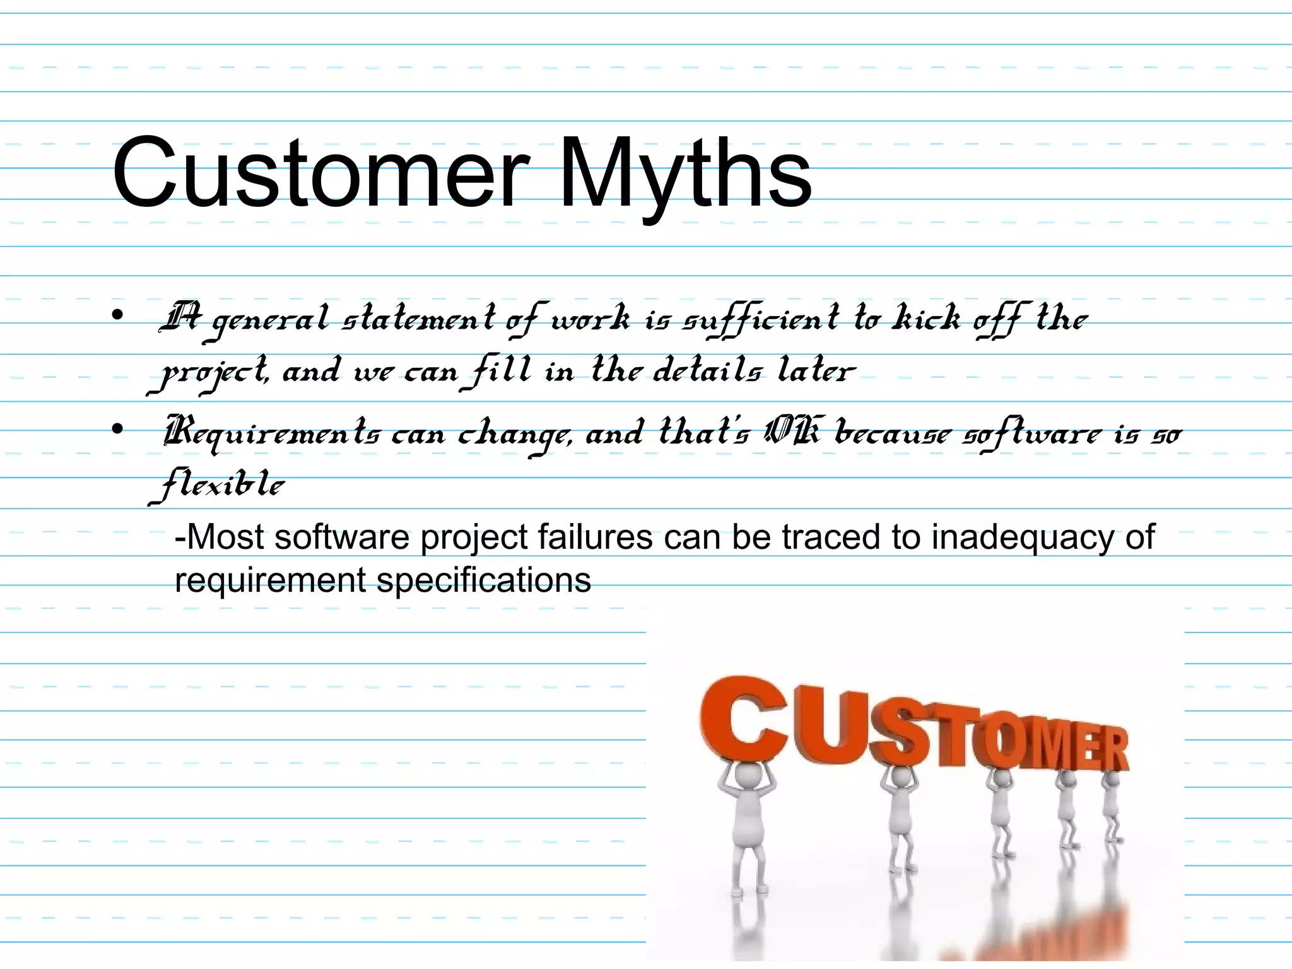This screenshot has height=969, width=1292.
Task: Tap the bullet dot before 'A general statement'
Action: tap(117, 315)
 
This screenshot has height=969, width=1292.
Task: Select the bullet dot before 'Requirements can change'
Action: tap(117, 430)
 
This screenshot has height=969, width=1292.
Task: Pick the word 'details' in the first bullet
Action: tap(707, 370)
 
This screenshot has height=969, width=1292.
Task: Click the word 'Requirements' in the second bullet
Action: tap(272, 434)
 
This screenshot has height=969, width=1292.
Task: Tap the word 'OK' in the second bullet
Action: tap(792, 433)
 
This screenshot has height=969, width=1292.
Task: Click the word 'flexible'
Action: tap(218, 484)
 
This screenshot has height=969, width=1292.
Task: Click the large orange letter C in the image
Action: tap(743, 719)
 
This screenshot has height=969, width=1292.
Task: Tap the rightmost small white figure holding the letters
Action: tap(1110, 807)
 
